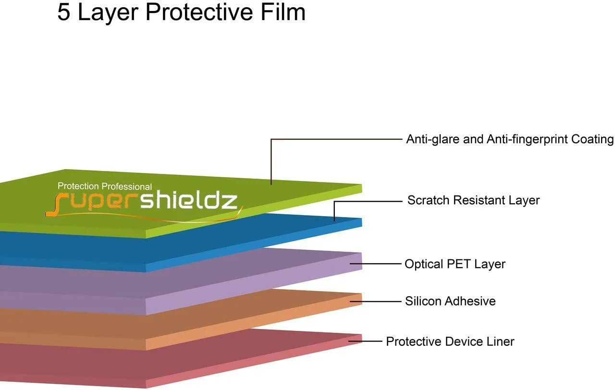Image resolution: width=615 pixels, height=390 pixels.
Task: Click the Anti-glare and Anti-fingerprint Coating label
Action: [x=510, y=139]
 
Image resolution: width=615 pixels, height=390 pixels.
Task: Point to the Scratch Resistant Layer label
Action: [x=473, y=200]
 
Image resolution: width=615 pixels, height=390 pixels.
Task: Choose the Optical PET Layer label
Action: [x=455, y=264]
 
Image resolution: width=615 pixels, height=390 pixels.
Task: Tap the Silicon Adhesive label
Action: [x=450, y=301]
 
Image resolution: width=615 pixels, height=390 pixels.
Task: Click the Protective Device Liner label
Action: [x=450, y=341]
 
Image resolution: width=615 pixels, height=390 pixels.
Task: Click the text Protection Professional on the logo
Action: [x=105, y=186]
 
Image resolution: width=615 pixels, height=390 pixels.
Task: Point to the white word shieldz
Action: [x=189, y=200]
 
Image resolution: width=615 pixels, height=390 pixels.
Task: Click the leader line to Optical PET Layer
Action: [x=377, y=264]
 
